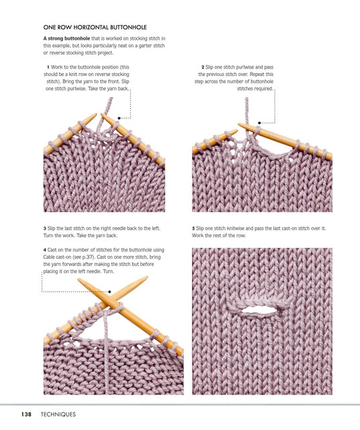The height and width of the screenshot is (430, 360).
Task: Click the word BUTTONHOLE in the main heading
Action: tap(128, 28)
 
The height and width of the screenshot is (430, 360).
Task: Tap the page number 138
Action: tap(26, 414)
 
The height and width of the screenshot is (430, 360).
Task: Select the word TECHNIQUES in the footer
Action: tap(58, 414)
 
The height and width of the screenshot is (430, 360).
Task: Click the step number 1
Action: tap(48, 67)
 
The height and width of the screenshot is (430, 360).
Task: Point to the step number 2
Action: tap(203, 67)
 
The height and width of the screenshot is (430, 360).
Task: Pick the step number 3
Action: tap(45, 228)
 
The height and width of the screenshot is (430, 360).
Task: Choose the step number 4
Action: tap(45, 250)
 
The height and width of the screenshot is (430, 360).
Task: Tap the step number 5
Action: tap(193, 228)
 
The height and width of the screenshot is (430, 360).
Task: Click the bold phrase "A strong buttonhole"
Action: tap(66, 39)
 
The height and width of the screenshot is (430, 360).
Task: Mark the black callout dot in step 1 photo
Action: tap(119, 118)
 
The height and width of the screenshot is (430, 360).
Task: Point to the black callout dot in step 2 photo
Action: tap(259, 123)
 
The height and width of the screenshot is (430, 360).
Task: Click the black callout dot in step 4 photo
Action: tap(109, 292)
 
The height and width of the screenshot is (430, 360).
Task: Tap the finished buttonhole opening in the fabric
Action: tap(259, 310)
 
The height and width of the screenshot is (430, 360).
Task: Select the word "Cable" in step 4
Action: tap(49, 257)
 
